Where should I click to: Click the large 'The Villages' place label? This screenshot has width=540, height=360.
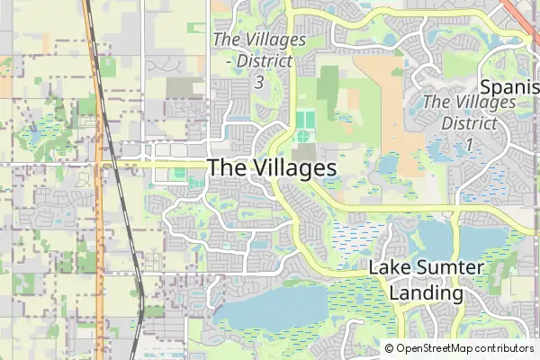point(272,168)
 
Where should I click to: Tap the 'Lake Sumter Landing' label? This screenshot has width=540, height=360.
point(427,280)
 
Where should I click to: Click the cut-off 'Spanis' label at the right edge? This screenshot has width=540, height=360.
point(510,87)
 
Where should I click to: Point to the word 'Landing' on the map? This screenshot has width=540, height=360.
point(427,292)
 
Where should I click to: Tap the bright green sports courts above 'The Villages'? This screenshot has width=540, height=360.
point(304,119)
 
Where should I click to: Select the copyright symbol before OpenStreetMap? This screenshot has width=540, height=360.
point(390,348)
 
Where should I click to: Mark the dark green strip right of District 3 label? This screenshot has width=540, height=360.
point(328,90)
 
